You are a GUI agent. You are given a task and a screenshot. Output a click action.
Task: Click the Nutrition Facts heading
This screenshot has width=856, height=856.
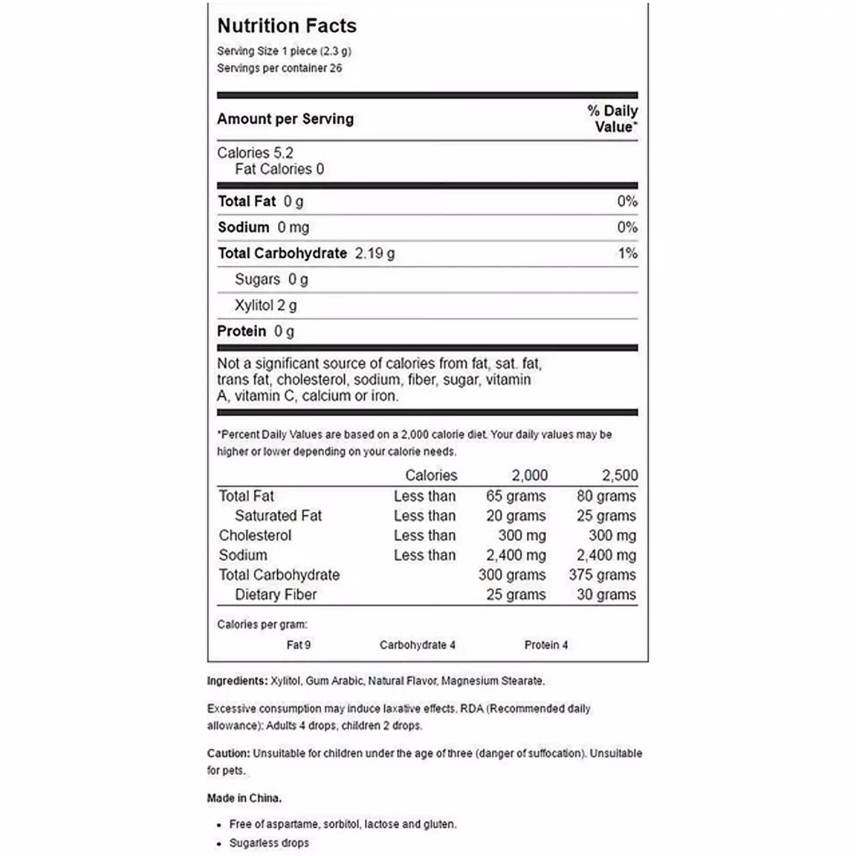coord(287,26)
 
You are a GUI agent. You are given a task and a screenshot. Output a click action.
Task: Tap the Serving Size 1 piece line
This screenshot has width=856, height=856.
coord(284,51)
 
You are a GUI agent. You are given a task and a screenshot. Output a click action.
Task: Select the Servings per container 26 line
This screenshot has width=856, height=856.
coord(279,68)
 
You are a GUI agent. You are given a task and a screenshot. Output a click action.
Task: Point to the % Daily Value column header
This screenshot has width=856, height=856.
coord(613,119)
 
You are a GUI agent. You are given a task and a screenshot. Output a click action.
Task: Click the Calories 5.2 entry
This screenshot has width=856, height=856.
coord(255,153)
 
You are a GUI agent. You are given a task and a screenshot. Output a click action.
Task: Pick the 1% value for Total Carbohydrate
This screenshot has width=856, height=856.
coord(628,253)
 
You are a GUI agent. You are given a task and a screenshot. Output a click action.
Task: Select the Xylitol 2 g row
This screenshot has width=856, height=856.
coord(265,305)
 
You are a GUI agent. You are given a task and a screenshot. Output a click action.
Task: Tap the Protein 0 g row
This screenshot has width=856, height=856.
coord(255,331)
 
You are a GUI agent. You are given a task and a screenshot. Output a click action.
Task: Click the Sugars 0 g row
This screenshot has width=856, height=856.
coord(271,280)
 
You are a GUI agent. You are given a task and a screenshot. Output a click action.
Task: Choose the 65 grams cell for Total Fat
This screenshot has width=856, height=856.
coord(516,496)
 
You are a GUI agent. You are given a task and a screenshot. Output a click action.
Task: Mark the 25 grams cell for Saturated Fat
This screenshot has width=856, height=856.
coord(606,516)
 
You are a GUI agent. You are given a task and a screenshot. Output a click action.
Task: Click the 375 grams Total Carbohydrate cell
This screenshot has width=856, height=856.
coord(602,575)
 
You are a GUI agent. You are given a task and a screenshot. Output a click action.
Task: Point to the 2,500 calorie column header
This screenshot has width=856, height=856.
coord(620,476)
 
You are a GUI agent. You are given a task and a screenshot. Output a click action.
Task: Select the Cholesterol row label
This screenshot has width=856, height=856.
coord(255,536)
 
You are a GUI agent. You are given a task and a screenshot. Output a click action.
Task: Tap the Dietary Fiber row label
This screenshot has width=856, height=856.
coord(275,595)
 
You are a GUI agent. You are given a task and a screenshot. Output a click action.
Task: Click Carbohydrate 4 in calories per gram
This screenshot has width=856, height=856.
coord(417,645)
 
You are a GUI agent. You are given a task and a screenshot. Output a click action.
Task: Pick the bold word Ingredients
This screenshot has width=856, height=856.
coord(237,681)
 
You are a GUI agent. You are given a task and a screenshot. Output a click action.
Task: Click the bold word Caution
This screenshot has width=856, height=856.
coord(228,753)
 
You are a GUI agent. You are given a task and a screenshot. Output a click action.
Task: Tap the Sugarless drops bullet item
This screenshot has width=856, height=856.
coord(269,843)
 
